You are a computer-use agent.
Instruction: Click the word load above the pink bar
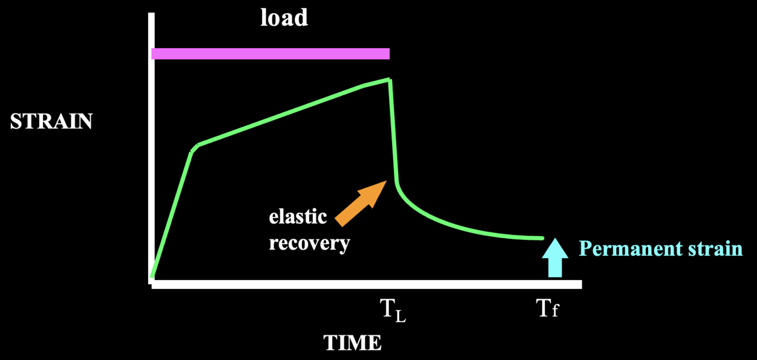click(x=284, y=18)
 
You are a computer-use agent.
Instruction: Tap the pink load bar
click(x=270, y=53)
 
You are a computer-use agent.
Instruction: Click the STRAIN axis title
click(x=51, y=122)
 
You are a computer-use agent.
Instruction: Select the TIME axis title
click(x=352, y=342)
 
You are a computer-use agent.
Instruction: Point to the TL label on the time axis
click(x=393, y=311)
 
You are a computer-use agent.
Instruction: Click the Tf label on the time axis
click(x=548, y=310)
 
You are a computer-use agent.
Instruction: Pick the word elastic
click(x=298, y=217)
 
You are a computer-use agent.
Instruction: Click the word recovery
click(x=309, y=242)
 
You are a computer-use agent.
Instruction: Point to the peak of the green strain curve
click(x=389, y=79)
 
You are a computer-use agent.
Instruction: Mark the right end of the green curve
click(x=542, y=238)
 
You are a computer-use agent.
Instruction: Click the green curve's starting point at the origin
click(x=152, y=276)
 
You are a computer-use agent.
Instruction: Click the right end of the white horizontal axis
click(x=579, y=284)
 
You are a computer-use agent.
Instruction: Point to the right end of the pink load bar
click(x=389, y=53)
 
